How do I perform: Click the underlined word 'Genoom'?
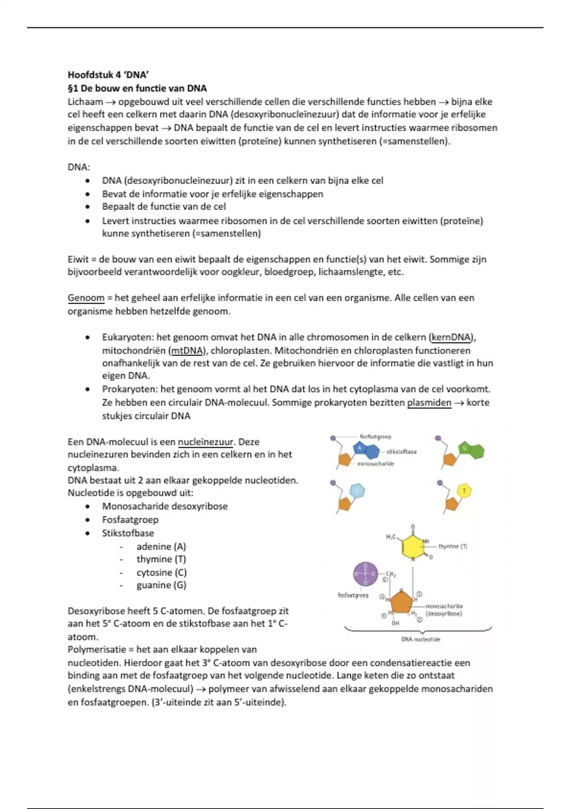click(86, 298)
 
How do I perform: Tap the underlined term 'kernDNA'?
click(452, 337)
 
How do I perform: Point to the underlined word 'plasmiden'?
click(429, 403)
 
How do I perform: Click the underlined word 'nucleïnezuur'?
click(206, 442)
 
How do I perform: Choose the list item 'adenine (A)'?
click(161, 546)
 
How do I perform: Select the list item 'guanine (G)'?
click(161, 585)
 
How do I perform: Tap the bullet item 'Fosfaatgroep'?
click(130, 520)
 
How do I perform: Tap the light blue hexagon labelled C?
click(357, 491)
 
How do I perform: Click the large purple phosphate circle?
click(365, 574)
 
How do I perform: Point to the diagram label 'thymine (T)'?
click(453, 546)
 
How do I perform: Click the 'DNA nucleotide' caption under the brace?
click(421, 639)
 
